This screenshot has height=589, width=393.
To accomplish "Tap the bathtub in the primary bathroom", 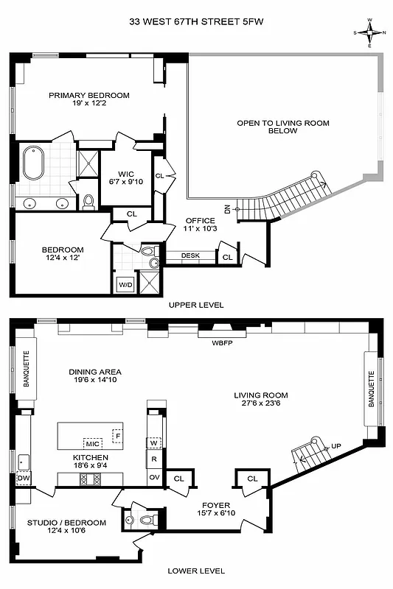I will pyautogui.click(x=34, y=163).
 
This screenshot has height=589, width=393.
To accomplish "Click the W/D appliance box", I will pyautogui.click(x=123, y=283).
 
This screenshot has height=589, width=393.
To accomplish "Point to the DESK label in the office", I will pyautogui.click(x=190, y=255).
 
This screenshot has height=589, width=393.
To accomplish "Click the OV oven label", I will pyautogui.click(x=154, y=477).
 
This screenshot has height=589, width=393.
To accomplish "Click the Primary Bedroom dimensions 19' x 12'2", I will pyautogui.click(x=88, y=105).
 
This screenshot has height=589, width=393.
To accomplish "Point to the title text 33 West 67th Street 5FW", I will pyautogui.click(x=196, y=22).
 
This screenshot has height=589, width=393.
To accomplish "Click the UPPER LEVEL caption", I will pyautogui.click(x=196, y=305).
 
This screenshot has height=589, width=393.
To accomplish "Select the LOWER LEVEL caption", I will pyautogui.click(x=196, y=571).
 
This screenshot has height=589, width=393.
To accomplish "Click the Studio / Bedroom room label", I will pyautogui.click(x=66, y=523).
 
